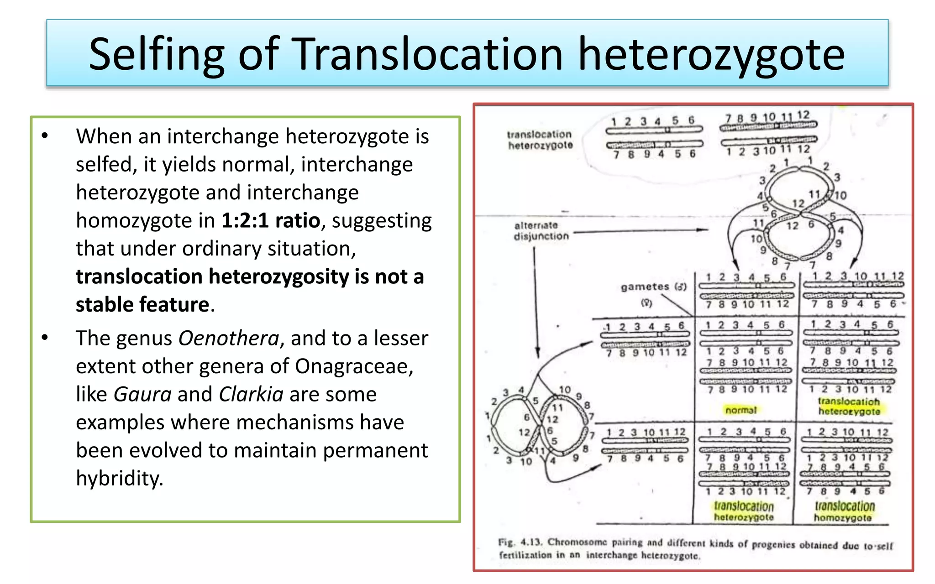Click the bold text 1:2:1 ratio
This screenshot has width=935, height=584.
[x=271, y=221]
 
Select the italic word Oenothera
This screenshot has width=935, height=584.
[x=228, y=339]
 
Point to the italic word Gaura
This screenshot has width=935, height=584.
[x=142, y=395]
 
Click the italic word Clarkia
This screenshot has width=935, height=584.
[x=251, y=395]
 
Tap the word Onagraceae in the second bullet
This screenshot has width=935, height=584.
[x=354, y=366]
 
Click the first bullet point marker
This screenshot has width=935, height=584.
[x=45, y=136]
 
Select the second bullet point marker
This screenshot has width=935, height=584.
[x=45, y=338]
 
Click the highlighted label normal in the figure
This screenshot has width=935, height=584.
[x=741, y=410]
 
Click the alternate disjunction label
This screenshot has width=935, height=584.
[x=541, y=231]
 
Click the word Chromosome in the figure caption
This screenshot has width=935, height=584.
[x=577, y=543]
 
